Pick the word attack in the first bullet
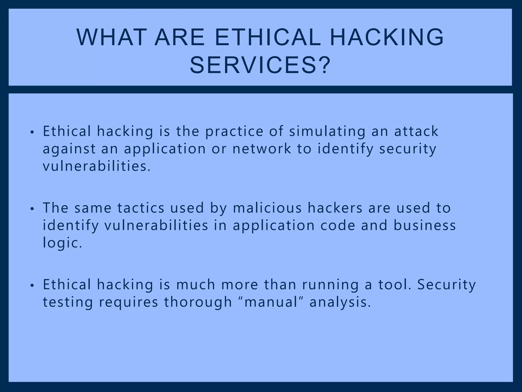pos(416,131)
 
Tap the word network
pos(262,149)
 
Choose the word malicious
pos(267,208)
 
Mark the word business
pos(425,225)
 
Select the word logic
pos(62,243)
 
